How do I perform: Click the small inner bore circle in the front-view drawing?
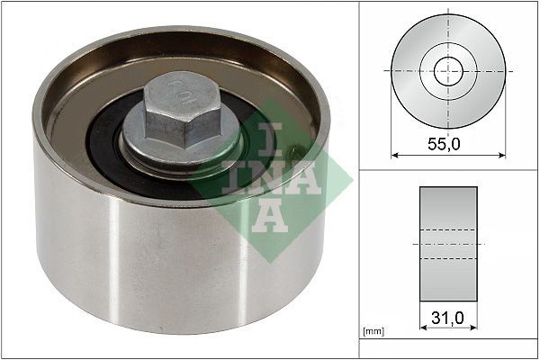click(x=448, y=71)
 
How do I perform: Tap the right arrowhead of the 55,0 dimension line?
click(x=501, y=154)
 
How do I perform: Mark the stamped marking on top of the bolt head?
click(x=184, y=90)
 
